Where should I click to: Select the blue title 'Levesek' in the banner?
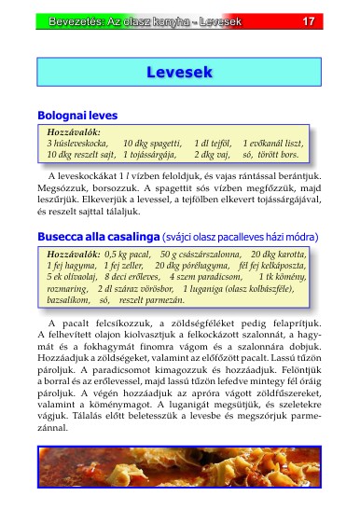(x=180, y=72)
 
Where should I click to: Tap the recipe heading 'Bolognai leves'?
(x=77, y=116)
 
